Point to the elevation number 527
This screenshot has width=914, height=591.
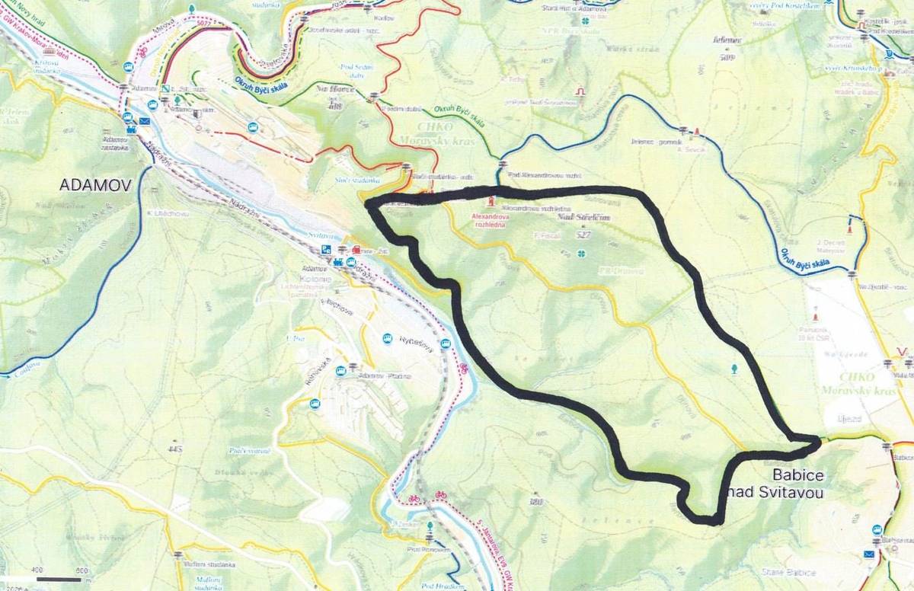[584, 236]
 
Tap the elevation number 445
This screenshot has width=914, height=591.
[177, 450]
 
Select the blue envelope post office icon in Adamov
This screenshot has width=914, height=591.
[145, 120]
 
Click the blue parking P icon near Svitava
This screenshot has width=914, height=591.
[326, 250]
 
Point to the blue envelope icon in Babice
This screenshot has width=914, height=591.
[870, 554]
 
